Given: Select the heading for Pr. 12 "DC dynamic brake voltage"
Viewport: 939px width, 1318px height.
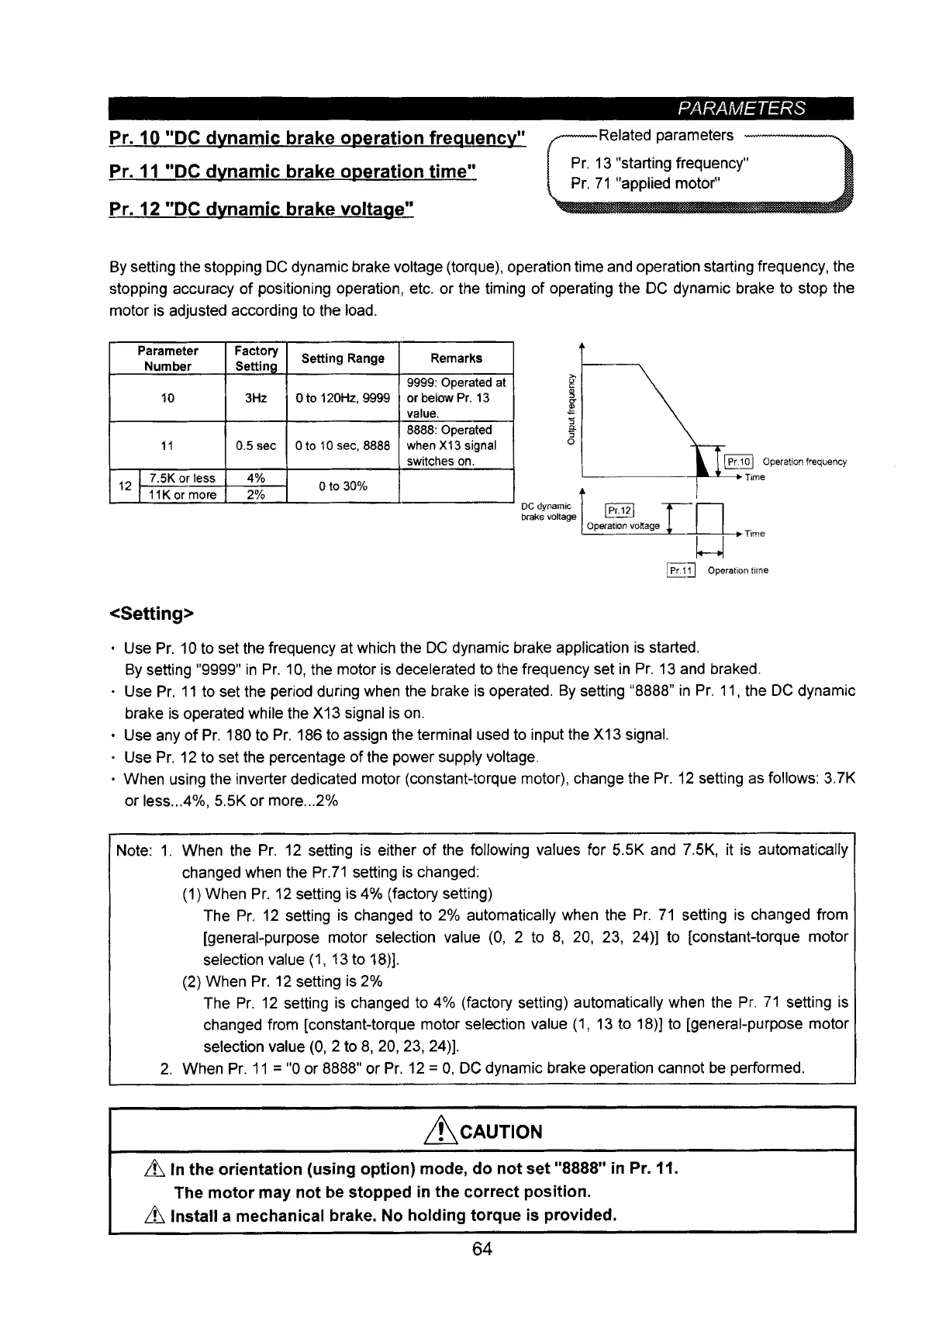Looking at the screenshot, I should point(263,208).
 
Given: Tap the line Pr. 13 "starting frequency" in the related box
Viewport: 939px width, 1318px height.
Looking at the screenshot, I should point(659,164).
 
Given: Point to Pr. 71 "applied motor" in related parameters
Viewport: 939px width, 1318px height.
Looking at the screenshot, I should point(646,184).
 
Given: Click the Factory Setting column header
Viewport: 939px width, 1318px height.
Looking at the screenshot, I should point(256,358).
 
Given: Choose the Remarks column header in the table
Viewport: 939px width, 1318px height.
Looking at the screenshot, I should point(456,358).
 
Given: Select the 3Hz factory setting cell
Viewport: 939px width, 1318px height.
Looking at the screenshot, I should point(256,398).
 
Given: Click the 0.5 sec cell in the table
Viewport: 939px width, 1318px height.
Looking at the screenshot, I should point(256,445).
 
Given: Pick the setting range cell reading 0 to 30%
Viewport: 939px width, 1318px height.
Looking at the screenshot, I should point(343,486).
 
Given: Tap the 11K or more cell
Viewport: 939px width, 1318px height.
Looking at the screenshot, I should point(181,494).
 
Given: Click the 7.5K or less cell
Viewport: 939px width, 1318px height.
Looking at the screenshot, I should point(181,478).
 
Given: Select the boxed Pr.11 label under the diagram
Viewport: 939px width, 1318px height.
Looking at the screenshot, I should point(682,570).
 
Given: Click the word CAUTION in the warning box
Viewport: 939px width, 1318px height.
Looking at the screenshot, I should point(501,1132).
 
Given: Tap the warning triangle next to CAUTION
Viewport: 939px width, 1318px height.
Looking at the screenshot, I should point(444,1130).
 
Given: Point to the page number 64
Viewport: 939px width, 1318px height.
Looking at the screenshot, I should point(482,1248).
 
